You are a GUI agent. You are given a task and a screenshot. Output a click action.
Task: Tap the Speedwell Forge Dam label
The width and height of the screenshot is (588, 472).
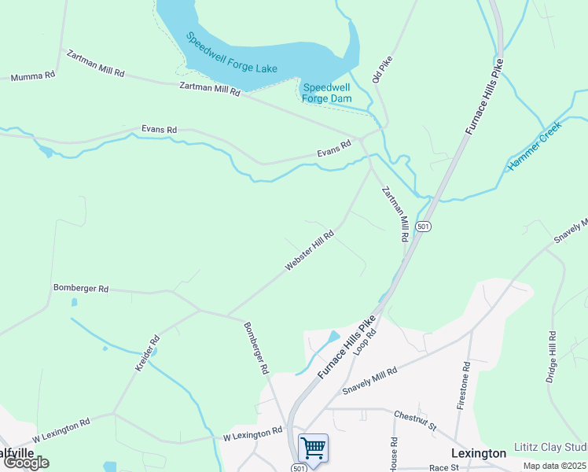click(326, 93)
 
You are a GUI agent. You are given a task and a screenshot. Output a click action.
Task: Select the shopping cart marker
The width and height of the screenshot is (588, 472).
click(313, 448)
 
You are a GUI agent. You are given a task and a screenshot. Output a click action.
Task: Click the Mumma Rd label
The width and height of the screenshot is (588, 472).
click(32, 76)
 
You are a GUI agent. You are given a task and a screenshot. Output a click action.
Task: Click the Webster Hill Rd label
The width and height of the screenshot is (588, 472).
click(310, 251)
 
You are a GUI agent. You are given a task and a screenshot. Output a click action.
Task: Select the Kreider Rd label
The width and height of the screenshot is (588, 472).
click(147, 354)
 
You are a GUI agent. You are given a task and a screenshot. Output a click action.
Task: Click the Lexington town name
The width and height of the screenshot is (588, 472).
click(479, 453)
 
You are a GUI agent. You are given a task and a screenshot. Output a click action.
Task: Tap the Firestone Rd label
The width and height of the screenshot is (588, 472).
click(464, 385)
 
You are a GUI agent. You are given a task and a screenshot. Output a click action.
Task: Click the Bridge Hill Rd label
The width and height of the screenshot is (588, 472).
click(552, 357)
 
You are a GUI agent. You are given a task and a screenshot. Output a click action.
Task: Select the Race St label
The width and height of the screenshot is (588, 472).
click(443, 467)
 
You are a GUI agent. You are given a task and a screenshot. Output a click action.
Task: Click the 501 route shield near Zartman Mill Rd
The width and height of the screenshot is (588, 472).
click(424, 226)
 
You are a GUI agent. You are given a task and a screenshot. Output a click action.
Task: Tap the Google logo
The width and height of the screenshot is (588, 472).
click(25, 463)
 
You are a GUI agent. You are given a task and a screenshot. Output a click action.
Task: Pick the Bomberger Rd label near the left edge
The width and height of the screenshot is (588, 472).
click(80, 288)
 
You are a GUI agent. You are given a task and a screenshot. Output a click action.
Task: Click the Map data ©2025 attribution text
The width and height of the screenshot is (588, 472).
click(554, 466)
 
